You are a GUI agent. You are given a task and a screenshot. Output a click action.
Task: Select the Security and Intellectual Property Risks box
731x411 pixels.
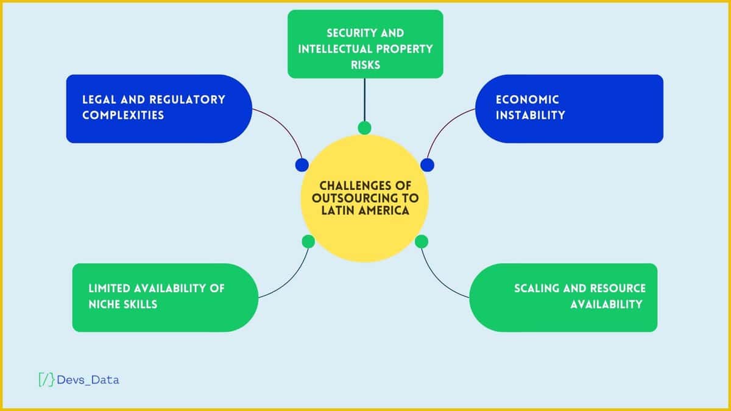(x=365, y=44)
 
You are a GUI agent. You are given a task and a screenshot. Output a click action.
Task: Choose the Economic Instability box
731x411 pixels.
(x=569, y=108)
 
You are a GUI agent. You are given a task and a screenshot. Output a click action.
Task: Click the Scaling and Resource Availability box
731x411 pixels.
(x=563, y=297)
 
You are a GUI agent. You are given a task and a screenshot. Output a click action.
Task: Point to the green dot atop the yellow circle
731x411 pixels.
(x=364, y=128)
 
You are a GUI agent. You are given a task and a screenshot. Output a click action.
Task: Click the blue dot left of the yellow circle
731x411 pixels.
(x=302, y=165)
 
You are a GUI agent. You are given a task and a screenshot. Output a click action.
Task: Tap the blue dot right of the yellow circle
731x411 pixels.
(x=428, y=165)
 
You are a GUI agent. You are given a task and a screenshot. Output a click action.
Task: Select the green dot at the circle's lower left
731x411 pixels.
(x=308, y=242)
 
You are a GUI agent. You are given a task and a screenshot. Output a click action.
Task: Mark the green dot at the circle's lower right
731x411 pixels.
(x=422, y=242)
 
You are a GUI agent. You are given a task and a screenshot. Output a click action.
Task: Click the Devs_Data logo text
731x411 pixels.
(x=88, y=380)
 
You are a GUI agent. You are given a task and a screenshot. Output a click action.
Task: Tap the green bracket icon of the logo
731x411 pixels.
(x=46, y=380)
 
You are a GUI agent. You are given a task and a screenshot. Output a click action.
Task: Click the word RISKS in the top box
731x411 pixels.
(x=365, y=64)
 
